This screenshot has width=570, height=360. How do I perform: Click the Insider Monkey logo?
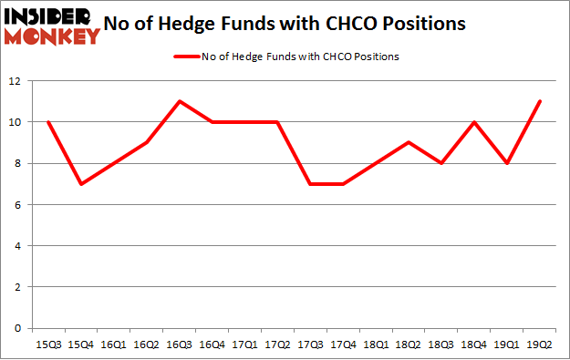point(51,26)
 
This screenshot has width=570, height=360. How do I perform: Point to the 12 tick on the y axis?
point(16,81)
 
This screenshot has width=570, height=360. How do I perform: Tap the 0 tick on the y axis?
point(18,328)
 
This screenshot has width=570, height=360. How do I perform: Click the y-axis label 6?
point(18,205)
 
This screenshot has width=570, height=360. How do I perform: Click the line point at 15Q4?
point(81,184)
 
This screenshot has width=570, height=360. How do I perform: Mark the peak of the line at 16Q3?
point(180,101)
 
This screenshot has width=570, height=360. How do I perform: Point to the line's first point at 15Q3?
point(48,122)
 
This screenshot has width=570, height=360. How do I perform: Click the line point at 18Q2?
point(409,142)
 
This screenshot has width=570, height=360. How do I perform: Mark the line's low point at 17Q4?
point(344,184)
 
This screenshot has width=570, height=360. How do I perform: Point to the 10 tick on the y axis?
point(16,122)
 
